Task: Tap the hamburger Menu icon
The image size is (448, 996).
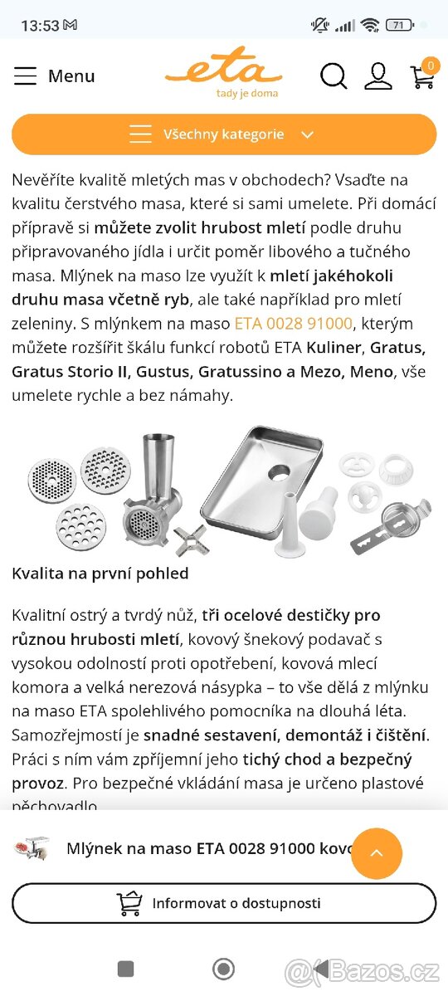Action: point(26,76)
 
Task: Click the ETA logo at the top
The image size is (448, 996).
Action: point(223,71)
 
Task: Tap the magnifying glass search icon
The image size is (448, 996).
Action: point(334,76)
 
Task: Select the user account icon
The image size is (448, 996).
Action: point(378,76)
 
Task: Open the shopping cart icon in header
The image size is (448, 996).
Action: point(423,76)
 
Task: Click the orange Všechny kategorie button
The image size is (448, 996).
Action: point(224,134)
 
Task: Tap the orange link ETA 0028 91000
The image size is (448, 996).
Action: point(294,323)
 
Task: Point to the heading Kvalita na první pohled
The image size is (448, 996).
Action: point(100,574)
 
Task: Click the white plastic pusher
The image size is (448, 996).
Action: point(315,515)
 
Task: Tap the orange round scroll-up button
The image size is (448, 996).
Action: point(377,853)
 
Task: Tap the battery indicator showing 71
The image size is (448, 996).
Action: point(399,25)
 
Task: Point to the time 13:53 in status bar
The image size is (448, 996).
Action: point(39,26)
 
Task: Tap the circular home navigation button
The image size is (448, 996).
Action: point(223,969)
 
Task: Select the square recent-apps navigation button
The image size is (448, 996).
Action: point(126,969)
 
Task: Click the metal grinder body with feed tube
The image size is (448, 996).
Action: point(156,490)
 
